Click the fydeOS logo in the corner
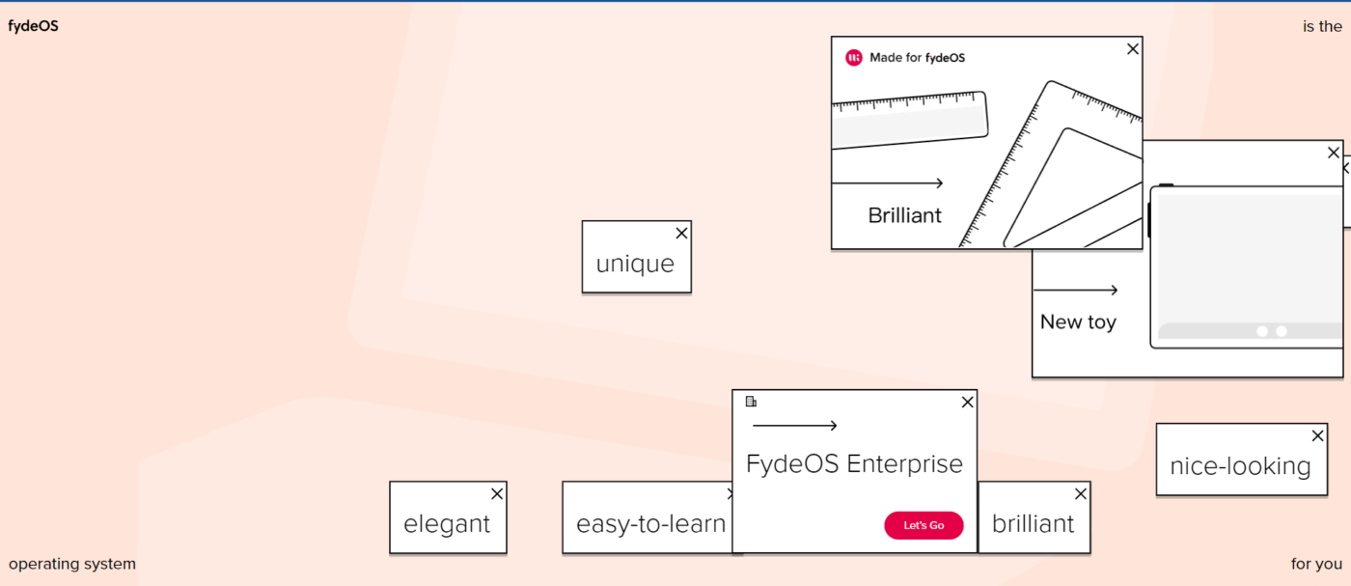coord(33,26)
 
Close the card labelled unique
coord(681,233)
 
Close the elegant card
coord(497,493)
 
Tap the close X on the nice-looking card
coord(1318,435)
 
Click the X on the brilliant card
coord(1081,493)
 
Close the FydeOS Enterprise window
coord(967,402)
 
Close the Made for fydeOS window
coord(1133,49)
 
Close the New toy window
coord(1334,153)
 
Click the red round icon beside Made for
coord(853,58)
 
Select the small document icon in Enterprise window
coord(751,402)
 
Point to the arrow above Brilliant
coord(887,182)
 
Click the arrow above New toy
coord(1075,291)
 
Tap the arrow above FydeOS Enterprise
coord(795,426)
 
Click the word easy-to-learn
coord(650,524)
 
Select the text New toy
coord(1078,322)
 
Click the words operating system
coord(72,564)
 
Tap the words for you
coord(1316,564)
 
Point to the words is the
coord(1322,27)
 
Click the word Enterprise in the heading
coord(905,464)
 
